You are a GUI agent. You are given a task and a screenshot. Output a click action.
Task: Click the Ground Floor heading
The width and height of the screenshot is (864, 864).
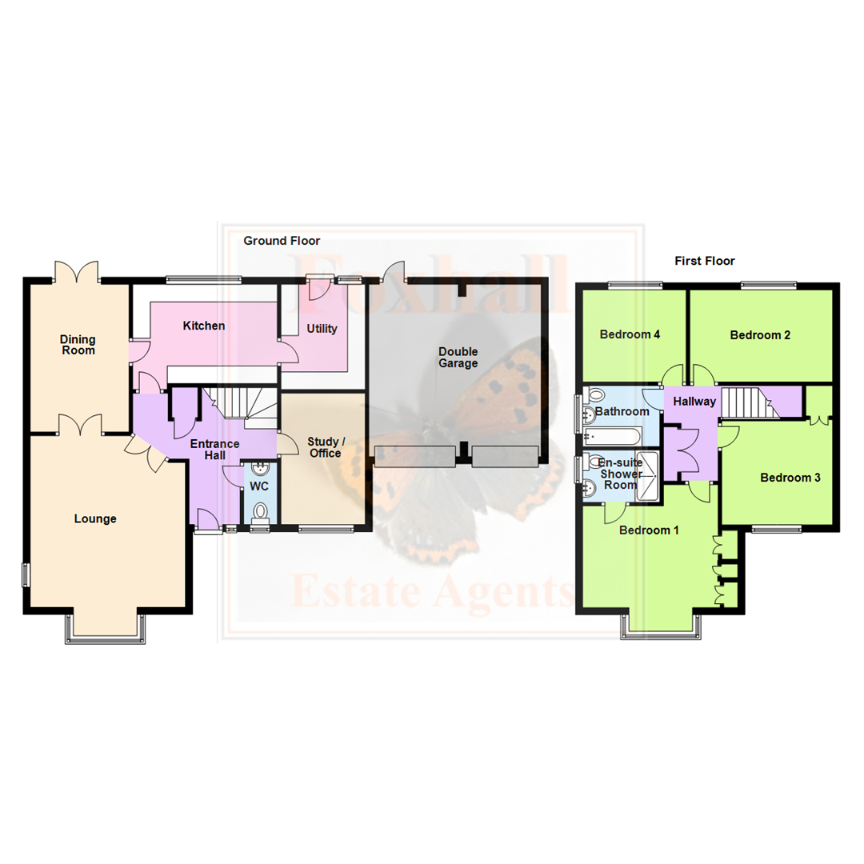tap(282, 240)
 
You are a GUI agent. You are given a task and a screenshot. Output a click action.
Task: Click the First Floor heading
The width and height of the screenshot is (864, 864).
tap(704, 261)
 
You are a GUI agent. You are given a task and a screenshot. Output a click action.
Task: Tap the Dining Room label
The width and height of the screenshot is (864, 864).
tap(78, 345)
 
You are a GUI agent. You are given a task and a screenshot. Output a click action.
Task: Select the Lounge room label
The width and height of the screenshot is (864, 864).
tap(95, 518)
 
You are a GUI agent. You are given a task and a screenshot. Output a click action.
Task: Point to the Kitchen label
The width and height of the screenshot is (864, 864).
tap(204, 326)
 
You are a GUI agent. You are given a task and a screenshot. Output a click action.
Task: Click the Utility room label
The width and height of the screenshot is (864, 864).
tap(322, 329)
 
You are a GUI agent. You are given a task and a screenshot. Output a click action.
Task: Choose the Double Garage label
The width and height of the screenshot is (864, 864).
tap(458, 357)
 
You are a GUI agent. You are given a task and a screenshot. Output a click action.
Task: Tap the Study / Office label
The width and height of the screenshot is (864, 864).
tap(324, 447)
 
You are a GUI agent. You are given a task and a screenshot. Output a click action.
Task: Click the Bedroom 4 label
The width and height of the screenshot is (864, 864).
tap(630, 335)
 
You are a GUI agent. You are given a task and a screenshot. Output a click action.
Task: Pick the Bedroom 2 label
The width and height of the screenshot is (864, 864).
tap(760, 335)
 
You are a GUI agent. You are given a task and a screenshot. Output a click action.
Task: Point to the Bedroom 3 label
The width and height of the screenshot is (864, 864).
tap(790, 478)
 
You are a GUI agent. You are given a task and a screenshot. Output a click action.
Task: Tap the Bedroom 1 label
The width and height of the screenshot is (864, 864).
tap(649, 530)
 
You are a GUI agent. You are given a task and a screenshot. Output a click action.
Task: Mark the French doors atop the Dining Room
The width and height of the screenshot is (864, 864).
tap(76, 272)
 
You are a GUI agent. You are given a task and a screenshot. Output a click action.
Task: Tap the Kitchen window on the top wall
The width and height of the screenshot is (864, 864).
tap(203, 279)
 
